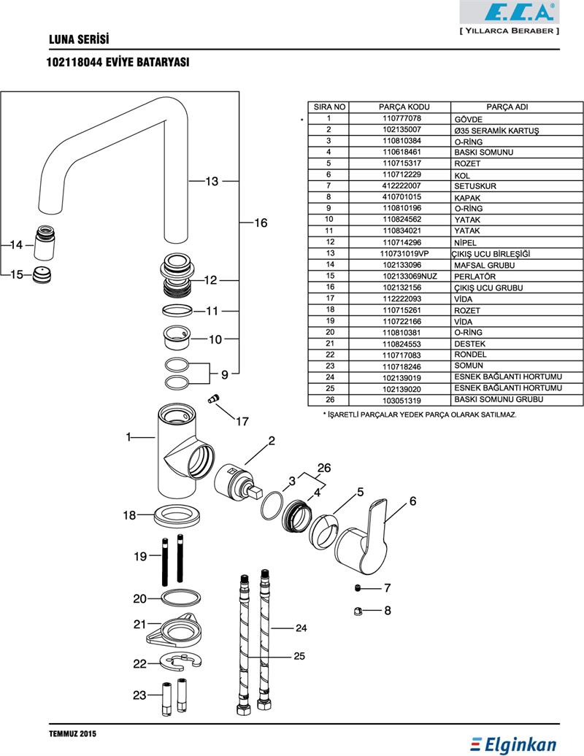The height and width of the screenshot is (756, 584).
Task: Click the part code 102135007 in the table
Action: coord(401,130)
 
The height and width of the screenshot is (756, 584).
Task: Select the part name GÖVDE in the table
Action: coord(468,119)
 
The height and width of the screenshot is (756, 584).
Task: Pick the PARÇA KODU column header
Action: coord(404,107)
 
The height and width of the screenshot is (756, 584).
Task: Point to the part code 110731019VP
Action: coord(404,254)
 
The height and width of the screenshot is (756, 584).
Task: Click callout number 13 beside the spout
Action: coord(212,181)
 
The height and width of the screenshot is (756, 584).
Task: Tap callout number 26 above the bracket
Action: coord(324,468)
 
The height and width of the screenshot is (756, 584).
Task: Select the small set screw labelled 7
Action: coord(358,588)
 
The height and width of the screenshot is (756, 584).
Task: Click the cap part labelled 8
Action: coord(358,612)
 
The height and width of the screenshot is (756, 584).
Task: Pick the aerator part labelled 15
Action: coord(42,275)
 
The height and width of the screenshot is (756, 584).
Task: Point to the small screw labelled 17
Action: coord(212,398)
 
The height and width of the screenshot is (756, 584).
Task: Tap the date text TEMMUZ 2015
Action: coord(73,734)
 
